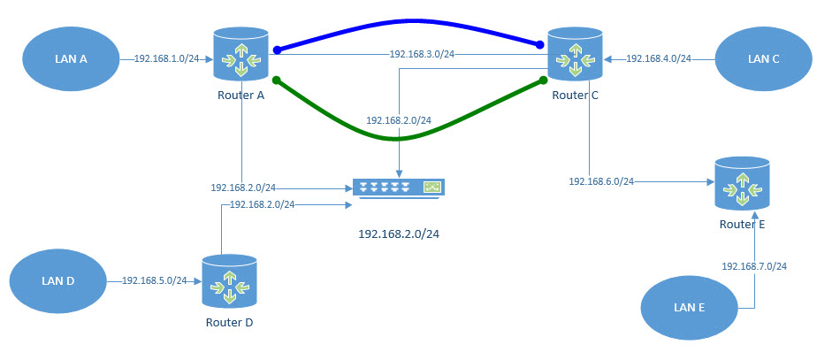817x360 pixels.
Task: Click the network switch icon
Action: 398,188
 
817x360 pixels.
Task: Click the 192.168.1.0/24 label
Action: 167,59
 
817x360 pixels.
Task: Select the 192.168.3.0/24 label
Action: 422,55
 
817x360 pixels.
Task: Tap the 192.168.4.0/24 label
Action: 659,59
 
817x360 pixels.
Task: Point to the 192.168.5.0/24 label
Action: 154,280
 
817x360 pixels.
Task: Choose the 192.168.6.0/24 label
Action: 601,181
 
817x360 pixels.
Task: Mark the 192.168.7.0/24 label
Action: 753,266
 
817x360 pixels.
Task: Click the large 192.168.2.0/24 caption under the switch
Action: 399,234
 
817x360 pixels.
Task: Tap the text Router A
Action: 241,96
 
